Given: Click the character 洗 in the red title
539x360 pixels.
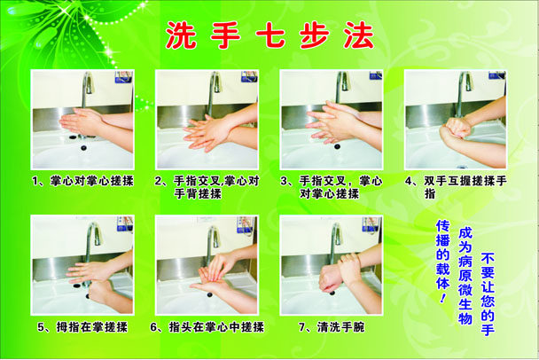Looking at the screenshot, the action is (x=181, y=35).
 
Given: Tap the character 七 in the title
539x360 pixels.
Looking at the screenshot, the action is (x=270, y=35).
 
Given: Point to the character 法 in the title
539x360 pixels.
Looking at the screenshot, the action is (x=358, y=35).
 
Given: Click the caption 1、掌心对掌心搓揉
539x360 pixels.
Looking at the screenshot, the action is (x=82, y=181).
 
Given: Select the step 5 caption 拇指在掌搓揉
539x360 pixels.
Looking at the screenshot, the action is (x=91, y=327).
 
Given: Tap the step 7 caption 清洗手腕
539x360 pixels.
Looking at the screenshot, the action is (x=340, y=327).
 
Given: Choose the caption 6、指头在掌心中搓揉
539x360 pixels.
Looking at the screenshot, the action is (x=207, y=327).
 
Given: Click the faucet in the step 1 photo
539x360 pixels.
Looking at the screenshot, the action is (x=87, y=89).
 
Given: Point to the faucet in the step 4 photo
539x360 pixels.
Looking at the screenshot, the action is (x=464, y=90).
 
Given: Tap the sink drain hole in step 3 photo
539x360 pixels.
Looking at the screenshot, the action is (x=337, y=146).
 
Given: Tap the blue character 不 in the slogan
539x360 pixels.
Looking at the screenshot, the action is (x=488, y=258).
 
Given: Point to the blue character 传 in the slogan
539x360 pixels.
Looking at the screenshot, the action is (x=442, y=227).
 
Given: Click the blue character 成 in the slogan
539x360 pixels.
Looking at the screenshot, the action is (x=465, y=234).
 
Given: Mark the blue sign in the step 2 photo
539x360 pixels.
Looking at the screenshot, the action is (x=250, y=76).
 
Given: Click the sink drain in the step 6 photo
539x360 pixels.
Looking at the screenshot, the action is (x=208, y=294).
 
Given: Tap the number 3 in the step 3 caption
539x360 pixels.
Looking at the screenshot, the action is (x=284, y=181).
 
